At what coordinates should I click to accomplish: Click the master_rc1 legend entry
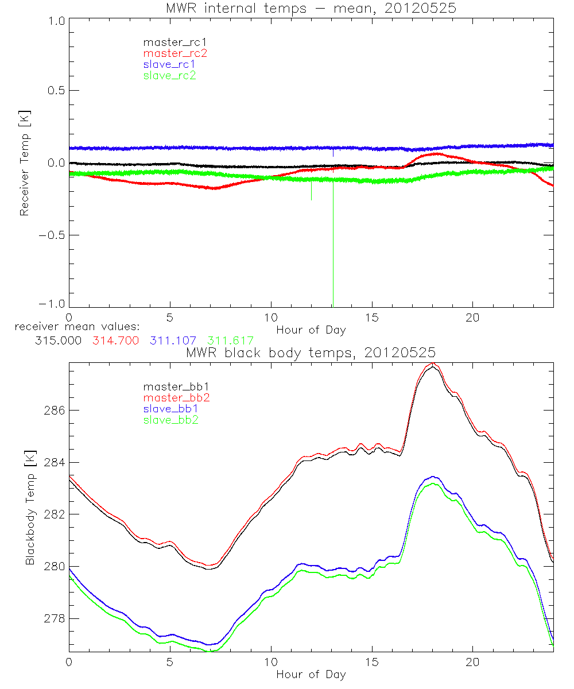[169, 42]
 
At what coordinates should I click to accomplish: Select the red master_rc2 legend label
[175, 53]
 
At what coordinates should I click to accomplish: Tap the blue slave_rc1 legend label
[169, 64]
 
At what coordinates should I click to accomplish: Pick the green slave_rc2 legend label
[169, 75]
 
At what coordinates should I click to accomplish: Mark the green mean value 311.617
[230, 340]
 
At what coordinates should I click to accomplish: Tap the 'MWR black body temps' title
[311, 352]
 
